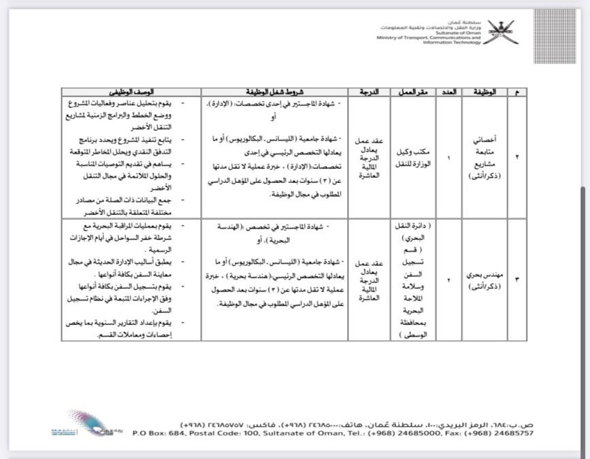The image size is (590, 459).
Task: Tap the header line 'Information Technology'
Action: (x=451, y=42)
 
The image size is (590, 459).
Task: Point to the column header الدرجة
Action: (x=369, y=91)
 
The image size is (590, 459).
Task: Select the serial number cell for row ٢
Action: (x=517, y=157)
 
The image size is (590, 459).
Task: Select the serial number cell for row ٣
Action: (x=517, y=279)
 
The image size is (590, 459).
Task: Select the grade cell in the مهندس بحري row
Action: (x=369, y=279)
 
